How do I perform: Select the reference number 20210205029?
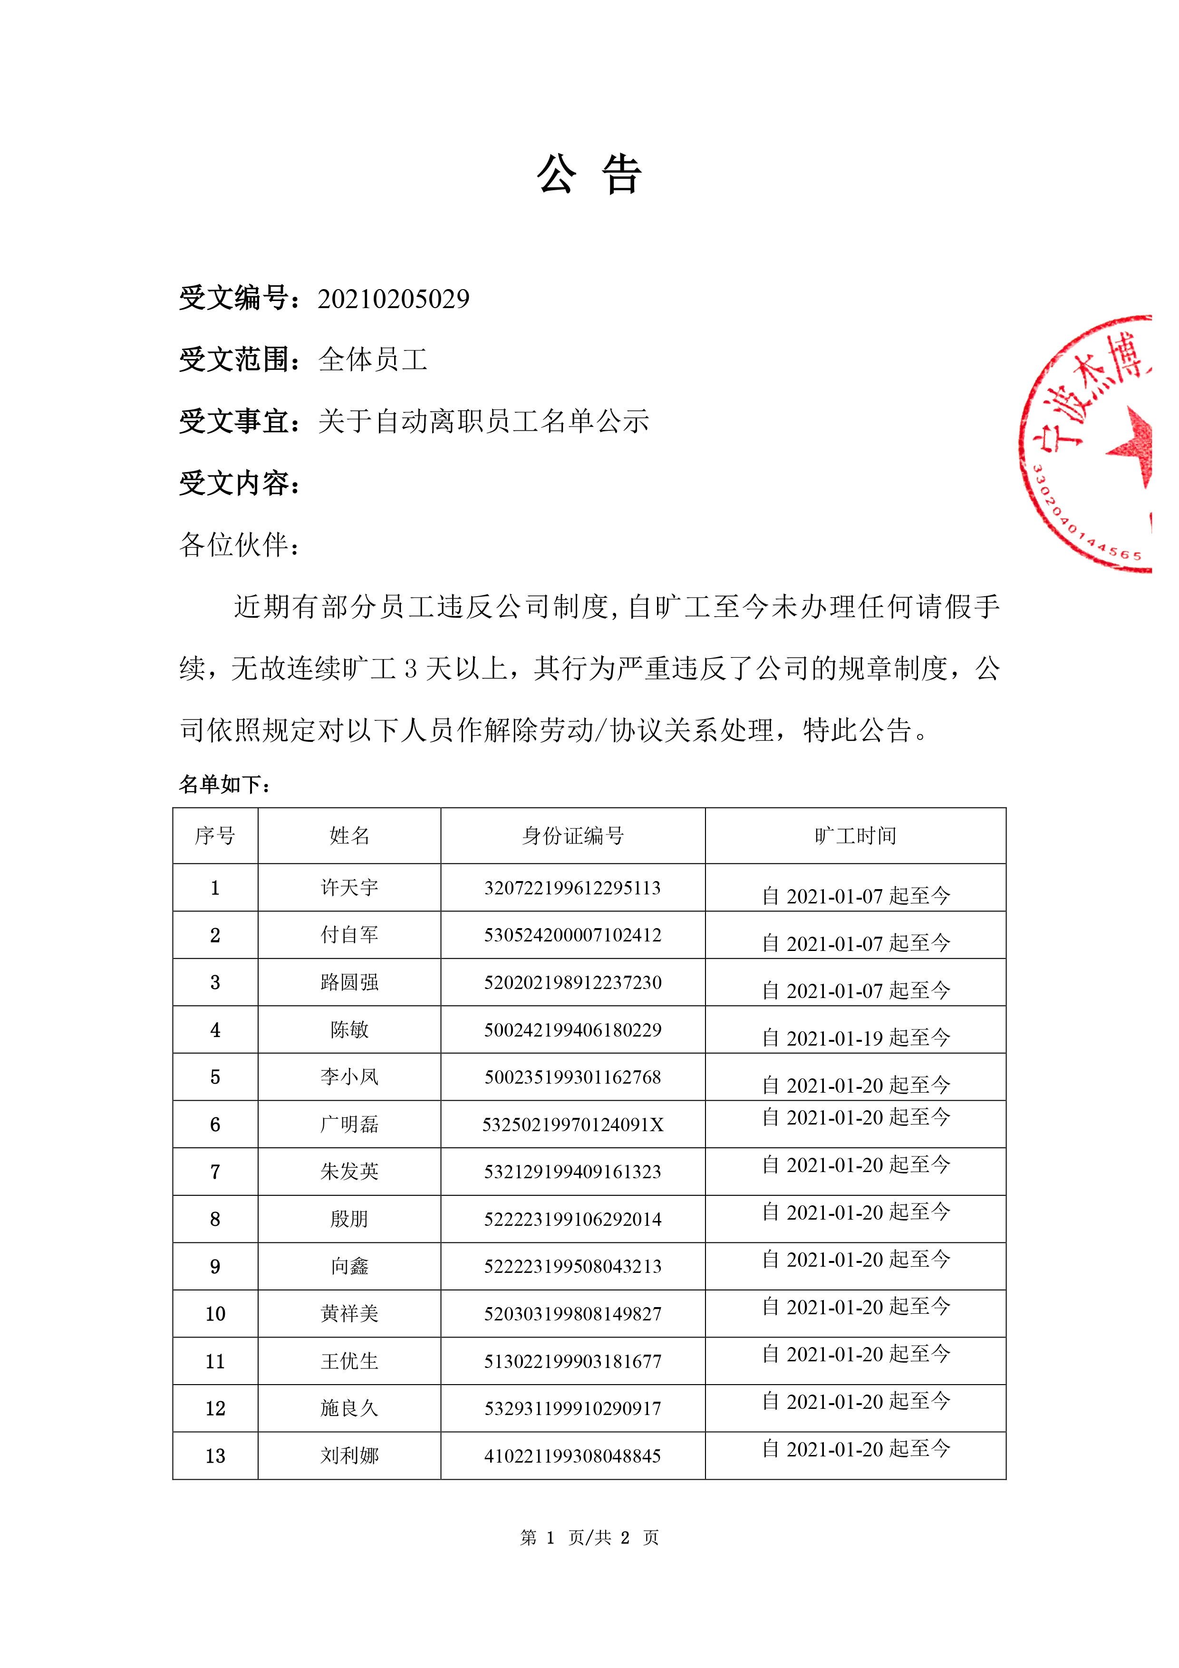coord(393,299)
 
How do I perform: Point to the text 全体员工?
coord(373,359)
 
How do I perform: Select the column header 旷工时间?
coord(855,836)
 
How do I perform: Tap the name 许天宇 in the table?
coord(349,888)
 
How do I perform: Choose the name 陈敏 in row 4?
coord(349,1029)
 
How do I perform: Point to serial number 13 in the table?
coord(215,1456)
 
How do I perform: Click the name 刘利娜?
coord(349,1456)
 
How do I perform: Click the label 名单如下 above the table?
coord(224,785)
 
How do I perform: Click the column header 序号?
coord(215,836)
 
